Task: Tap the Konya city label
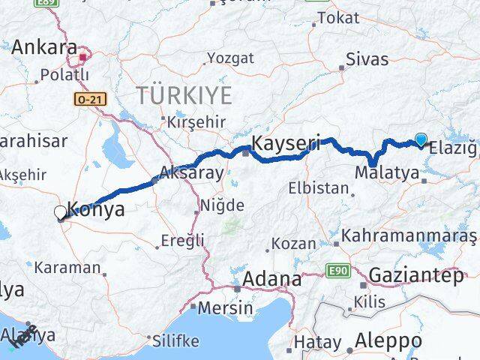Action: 96,210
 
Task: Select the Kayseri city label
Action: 287,142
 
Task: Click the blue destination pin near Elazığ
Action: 421,139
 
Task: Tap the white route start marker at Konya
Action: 60,213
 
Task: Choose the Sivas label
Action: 367,58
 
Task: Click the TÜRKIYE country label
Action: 183,95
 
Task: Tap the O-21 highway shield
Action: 88,98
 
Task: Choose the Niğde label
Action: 222,205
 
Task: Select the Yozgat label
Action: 230,58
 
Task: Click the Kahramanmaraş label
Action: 409,236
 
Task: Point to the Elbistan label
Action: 322,188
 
